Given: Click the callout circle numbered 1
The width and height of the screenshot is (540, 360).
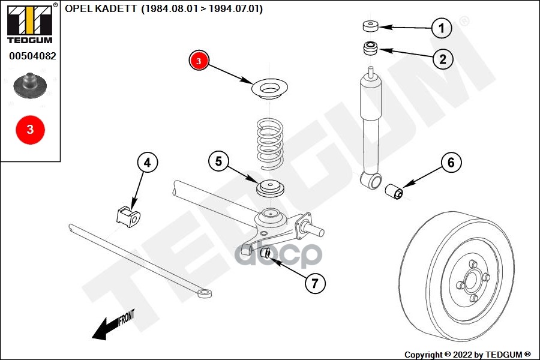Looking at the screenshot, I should click(442, 28).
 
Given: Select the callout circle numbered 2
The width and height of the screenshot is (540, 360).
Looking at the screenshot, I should click(442, 59).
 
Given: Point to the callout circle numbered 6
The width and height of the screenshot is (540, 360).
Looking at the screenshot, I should click(451, 162).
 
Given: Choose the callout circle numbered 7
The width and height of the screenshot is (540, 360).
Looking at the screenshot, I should click(315, 283).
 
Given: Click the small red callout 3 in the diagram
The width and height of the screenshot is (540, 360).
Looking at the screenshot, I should click(199, 61).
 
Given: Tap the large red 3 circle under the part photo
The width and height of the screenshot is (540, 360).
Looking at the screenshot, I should click(30, 129).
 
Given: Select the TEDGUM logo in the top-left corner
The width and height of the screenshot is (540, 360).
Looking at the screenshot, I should click(29, 24).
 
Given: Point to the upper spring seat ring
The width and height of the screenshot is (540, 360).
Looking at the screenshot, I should click(269, 90).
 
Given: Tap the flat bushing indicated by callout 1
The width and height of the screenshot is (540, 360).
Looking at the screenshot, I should click(371, 26).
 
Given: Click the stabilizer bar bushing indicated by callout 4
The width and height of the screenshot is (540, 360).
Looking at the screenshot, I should click(127, 216).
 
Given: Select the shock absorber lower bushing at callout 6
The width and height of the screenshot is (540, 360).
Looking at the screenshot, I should click(393, 192).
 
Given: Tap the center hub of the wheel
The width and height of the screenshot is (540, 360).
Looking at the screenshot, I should click(472, 280).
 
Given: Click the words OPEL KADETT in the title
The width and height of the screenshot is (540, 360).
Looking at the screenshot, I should click(99, 9).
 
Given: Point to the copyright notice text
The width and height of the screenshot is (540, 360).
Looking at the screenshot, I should click(467, 354).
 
